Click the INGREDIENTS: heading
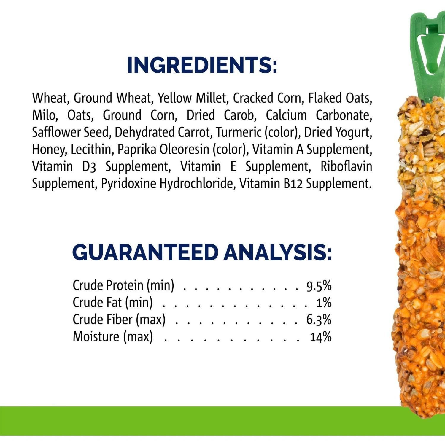click(202, 65)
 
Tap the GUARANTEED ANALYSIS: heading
click(202, 252)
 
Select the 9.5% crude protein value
click(319, 286)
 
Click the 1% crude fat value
click(324, 303)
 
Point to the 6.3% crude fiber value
click(319, 320)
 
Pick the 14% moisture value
click(321, 337)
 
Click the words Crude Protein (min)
click(123, 285)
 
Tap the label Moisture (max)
click(113, 337)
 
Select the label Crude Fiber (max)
click(119, 320)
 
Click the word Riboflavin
click(347, 166)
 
